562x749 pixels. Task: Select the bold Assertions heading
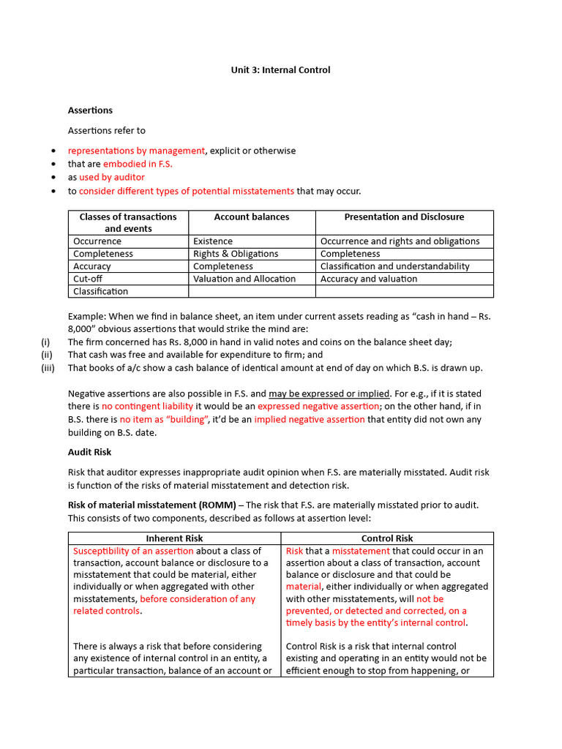click(x=90, y=110)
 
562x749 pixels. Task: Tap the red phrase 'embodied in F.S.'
click(x=138, y=164)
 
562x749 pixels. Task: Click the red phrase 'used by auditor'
click(x=112, y=177)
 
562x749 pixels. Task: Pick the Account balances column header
click(x=251, y=217)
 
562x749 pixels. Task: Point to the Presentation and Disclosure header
click(x=404, y=217)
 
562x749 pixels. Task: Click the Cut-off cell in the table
click(x=91, y=279)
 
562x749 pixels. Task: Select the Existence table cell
click(x=213, y=241)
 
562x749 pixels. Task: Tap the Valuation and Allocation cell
click(x=244, y=279)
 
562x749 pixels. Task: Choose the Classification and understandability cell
click(x=395, y=266)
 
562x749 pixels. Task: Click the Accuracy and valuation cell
click(x=369, y=279)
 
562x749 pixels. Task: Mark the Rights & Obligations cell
click(x=236, y=254)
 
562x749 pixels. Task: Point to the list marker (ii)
click(x=47, y=355)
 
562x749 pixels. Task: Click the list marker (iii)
click(x=48, y=368)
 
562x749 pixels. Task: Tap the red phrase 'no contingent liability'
click(x=147, y=406)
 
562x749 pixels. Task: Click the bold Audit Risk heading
click(x=90, y=453)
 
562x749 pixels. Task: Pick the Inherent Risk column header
click(x=174, y=538)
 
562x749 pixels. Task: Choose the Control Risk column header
click(x=387, y=538)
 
